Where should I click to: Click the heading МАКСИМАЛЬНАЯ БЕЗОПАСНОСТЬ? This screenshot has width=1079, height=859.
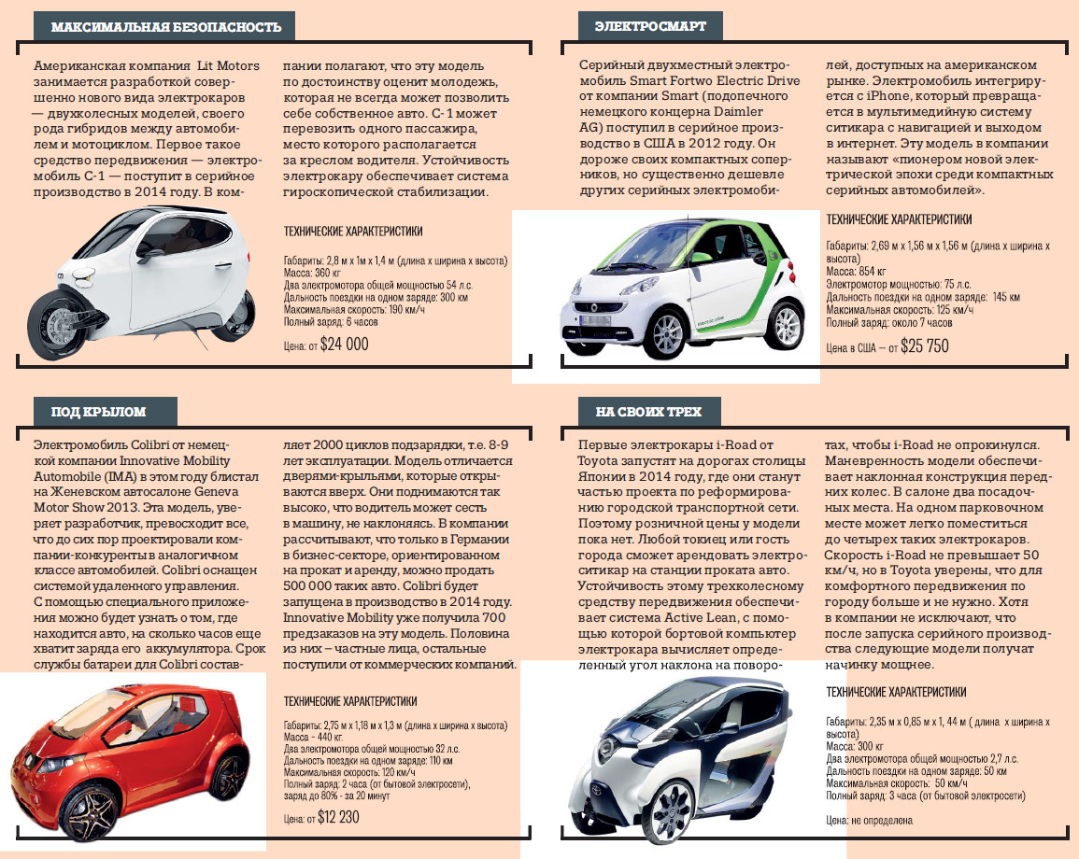(166, 27)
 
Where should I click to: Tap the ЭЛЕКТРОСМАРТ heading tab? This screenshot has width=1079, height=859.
(650, 27)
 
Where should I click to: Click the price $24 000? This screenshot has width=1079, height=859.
(344, 344)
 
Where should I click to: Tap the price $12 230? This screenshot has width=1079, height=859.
(338, 817)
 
